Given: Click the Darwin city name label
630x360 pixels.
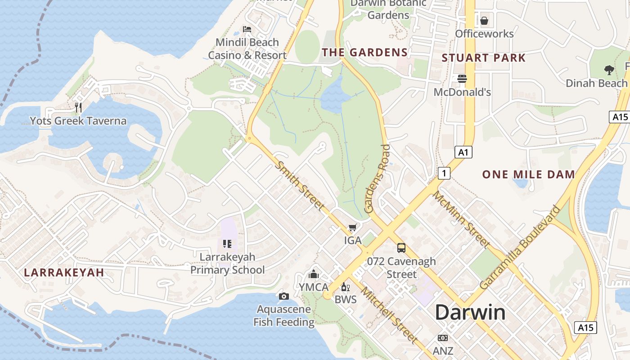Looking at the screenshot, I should (x=470, y=312).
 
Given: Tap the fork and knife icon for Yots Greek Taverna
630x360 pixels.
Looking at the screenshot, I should (x=78, y=107).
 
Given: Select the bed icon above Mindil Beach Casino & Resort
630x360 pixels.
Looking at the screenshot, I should (x=247, y=29).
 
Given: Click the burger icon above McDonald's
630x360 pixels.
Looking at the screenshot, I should (x=462, y=79).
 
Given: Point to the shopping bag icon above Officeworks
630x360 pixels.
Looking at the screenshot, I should (x=484, y=21).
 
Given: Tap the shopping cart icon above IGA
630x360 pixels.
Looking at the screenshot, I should (x=353, y=228).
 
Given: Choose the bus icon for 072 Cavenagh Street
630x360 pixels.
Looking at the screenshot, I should (x=401, y=248).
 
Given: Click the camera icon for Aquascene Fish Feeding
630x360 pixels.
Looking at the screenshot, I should (x=283, y=296).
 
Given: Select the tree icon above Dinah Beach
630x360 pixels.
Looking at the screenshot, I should (x=609, y=70).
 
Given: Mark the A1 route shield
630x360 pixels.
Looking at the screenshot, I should (x=463, y=153).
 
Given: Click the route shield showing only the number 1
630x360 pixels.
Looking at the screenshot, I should (x=444, y=173).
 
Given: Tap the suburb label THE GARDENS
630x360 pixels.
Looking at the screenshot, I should (x=364, y=52).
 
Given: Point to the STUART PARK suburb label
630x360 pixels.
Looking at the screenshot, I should (x=483, y=58).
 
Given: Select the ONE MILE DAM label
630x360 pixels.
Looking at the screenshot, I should (x=528, y=175).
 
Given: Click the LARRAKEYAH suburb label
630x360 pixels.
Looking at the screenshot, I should (x=64, y=272).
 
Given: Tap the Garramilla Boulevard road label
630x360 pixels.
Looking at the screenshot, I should (x=521, y=247).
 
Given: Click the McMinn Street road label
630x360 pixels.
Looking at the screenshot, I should (x=461, y=219).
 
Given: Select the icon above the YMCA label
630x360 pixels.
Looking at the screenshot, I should (x=314, y=274).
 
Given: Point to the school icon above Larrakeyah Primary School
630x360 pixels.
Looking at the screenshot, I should (x=227, y=244).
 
